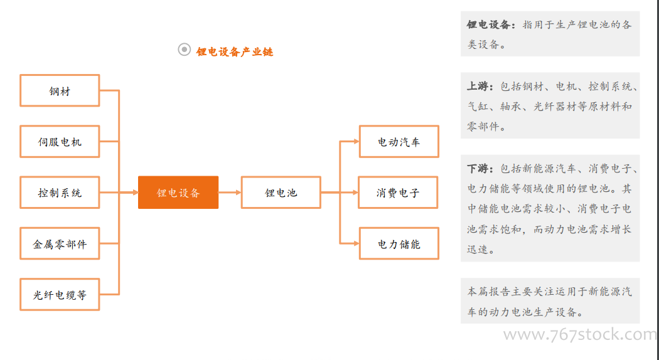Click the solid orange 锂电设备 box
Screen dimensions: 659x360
coord(178,193)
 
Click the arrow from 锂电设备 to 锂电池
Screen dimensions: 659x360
coord(230,193)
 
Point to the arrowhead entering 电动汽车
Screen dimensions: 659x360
coord(356,142)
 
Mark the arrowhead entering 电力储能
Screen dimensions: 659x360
coord(356,243)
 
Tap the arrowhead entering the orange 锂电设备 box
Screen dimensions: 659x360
coord(136,193)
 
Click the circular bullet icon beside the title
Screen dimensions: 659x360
coord(184,50)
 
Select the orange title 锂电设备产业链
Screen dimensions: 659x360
coord(235,51)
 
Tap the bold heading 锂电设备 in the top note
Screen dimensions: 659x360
coord(488,25)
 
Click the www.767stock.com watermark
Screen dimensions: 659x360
coord(580,335)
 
